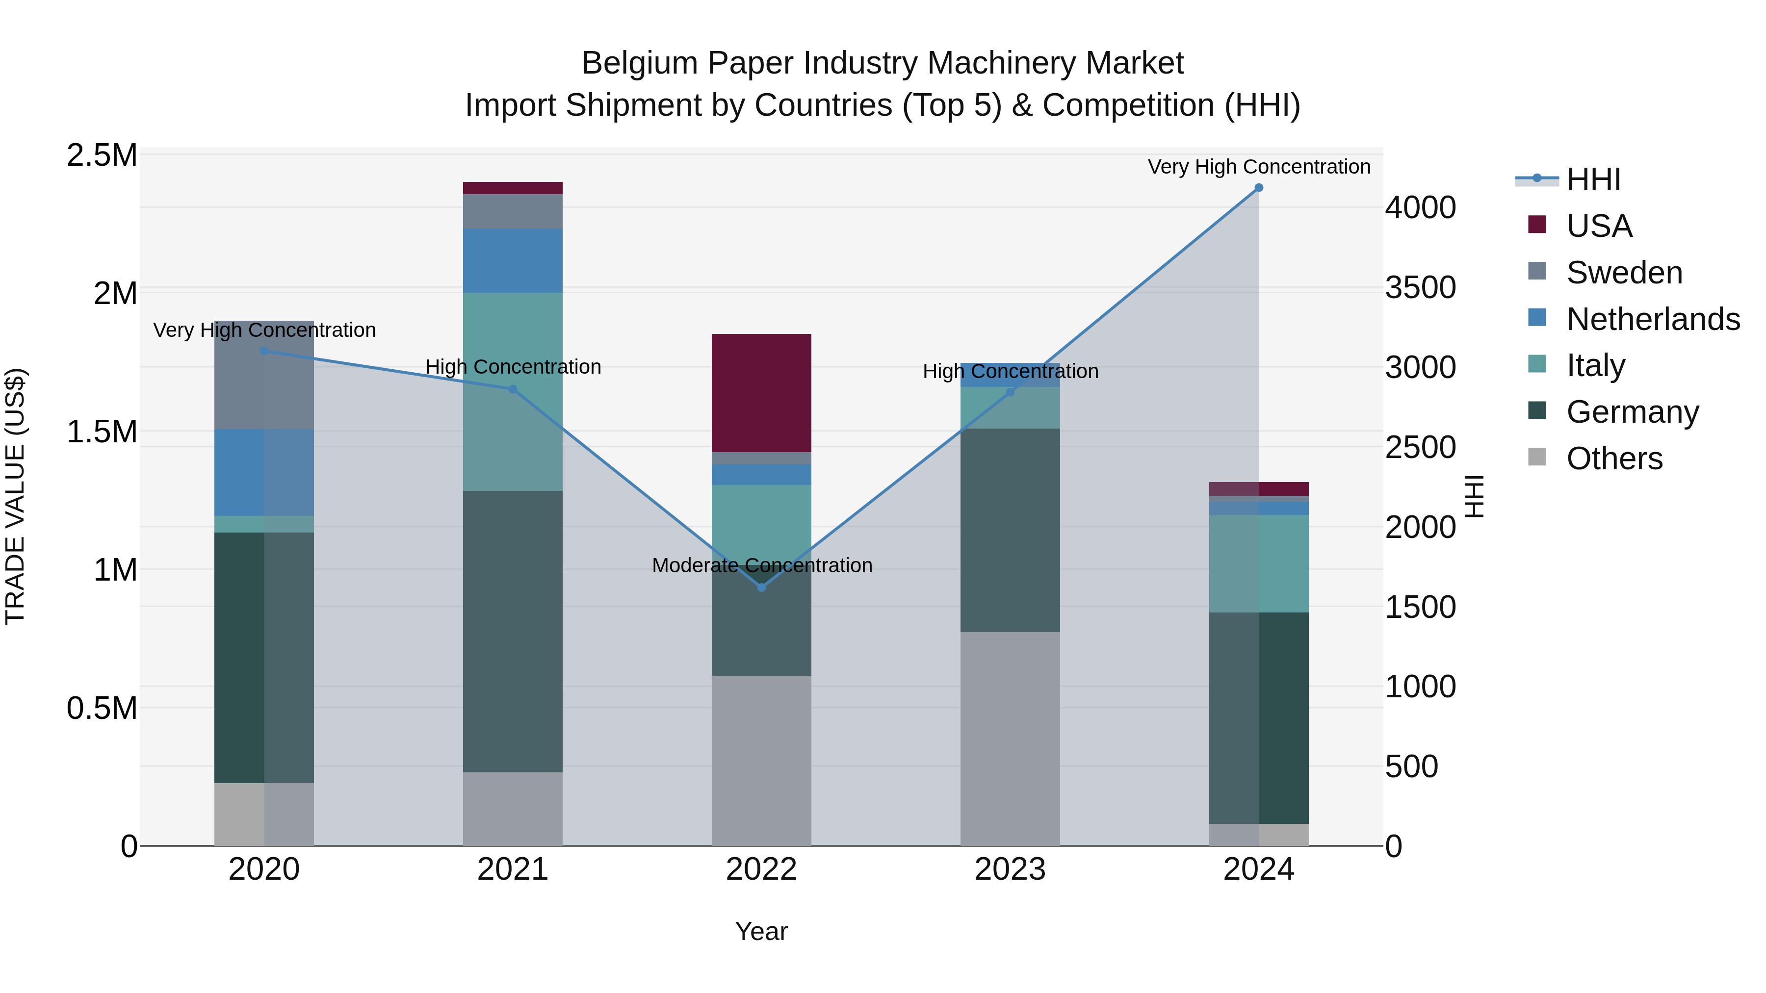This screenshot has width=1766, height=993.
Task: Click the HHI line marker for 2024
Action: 1259,188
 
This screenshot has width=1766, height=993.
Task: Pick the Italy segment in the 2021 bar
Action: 513,391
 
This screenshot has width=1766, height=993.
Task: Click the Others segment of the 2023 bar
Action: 1010,739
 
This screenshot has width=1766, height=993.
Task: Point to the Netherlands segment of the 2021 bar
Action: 513,260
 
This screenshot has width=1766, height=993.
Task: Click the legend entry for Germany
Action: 1632,412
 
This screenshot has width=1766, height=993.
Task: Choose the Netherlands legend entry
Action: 1652,319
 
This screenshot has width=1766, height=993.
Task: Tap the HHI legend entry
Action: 1592,179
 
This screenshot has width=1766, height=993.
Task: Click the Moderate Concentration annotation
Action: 762,565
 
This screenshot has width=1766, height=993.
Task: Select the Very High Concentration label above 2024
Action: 1259,167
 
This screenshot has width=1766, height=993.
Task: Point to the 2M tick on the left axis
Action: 114,293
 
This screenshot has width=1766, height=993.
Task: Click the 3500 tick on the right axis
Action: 1420,287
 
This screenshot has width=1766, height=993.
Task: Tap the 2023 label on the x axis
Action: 1010,869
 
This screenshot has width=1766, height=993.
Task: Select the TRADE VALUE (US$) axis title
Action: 15,496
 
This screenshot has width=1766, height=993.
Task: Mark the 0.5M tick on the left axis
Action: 102,708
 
